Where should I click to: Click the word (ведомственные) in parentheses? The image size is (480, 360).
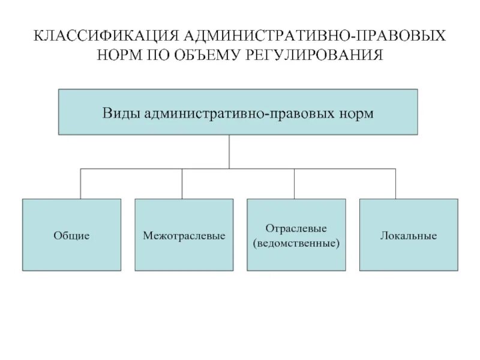pyautogui.click(x=296, y=244)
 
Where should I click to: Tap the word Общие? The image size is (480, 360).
pyautogui.click(x=71, y=236)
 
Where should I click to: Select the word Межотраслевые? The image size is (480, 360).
pyautogui.click(x=184, y=236)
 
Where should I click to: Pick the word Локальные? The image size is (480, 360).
pyautogui.click(x=409, y=236)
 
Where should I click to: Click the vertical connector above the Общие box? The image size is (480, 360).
pyautogui.click(x=81, y=184)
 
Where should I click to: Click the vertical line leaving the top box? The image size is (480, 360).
pyautogui.click(x=229, y=151)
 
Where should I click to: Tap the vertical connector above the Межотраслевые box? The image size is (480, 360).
pyautogui.click(x=182, y=184)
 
